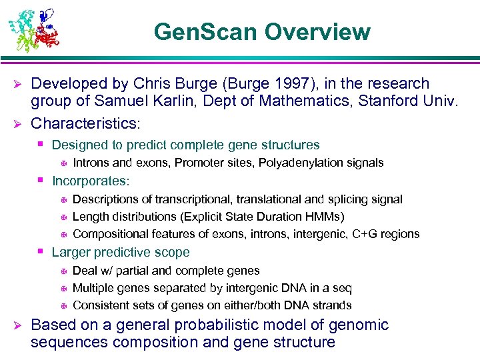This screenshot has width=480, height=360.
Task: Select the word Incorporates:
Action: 91,181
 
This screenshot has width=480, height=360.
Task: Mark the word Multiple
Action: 93,288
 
